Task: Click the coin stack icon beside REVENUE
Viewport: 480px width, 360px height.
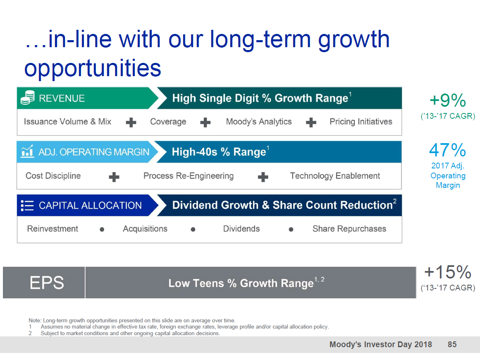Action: [x=28, y=98]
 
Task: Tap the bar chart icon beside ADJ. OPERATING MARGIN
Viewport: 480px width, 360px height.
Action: [x=27, y=151]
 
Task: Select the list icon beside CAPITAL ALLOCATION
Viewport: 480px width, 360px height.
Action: [x=27, y=205]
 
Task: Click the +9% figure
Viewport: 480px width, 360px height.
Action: [x=448, y=100]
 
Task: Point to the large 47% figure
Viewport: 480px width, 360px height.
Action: [x=448, y=150]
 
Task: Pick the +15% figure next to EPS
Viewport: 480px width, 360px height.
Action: [x=448, y=272]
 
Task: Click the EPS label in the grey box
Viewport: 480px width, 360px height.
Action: [x=47, y=283]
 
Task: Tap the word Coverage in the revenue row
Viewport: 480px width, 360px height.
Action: [x=168, y=122]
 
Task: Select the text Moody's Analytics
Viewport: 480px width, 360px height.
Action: [x=259, y=122]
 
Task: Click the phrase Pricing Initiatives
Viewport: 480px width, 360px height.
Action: [x=361, y=122]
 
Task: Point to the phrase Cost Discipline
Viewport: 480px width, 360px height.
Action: [x=53, y=175]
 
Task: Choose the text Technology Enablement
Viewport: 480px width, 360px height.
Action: [x=335, y=176]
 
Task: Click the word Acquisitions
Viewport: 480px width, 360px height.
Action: [x=145, y=229]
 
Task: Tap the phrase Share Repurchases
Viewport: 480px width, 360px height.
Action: [x=349, y=229]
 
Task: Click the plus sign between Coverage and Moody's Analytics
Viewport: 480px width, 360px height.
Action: [x=205, y=122]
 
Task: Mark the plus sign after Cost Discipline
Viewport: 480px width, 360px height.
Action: [x=114, y=177]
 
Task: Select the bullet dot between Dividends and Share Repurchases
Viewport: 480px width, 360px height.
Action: [x=291, y=229]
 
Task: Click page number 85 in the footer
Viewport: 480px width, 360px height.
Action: [x=452, y=344]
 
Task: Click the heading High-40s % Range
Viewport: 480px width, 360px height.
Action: [x=219, y=152]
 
